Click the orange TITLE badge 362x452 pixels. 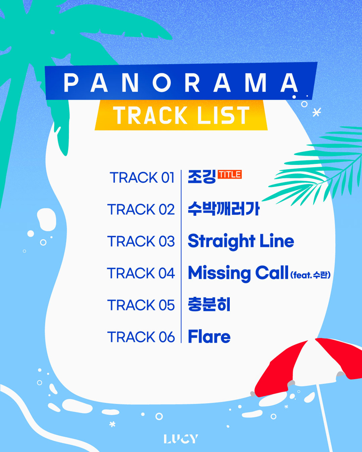click(229, 174)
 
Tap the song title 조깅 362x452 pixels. click(201, 176)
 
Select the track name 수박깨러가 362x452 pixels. click(224, 209)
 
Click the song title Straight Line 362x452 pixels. click(241, 241)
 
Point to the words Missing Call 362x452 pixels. click(238, 273)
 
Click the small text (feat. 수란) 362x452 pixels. click(310, 275)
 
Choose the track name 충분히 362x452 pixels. click(209, 305)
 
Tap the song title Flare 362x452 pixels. click(209, 336)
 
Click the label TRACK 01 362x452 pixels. click(142, 177)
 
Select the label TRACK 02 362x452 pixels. click(141, 209)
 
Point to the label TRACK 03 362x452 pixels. click(141, 241)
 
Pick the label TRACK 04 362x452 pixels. click(141, 273)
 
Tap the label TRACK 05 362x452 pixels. click(141, 305)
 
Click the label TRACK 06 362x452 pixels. click(141, 337)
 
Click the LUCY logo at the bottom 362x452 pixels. click(181, 439)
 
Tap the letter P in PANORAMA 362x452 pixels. click(71, 82)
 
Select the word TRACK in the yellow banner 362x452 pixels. click(150, 115)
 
